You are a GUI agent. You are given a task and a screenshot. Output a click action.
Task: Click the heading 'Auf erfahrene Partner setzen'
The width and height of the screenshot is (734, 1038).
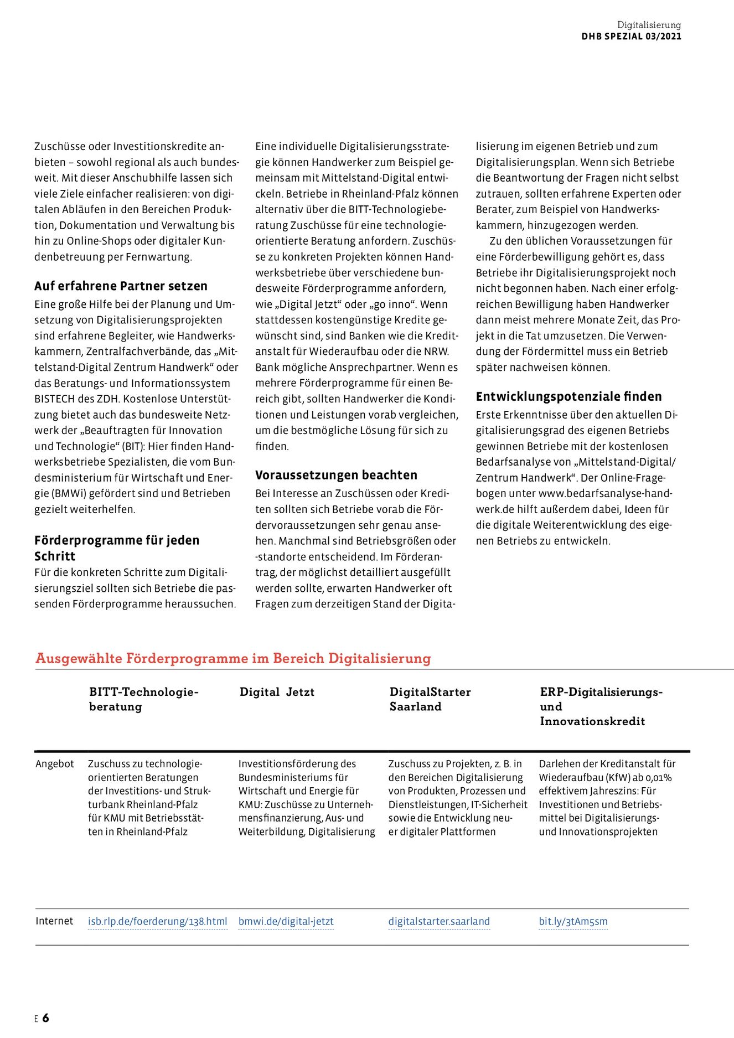tap(121, 286)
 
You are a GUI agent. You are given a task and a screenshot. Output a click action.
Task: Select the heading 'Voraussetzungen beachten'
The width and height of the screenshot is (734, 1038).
tap(336, 475)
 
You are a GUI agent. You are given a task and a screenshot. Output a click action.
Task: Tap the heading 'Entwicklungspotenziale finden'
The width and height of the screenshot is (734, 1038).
tap(568, 396)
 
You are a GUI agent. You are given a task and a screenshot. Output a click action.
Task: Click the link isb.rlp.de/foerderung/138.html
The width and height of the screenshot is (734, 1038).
tap(157, 921)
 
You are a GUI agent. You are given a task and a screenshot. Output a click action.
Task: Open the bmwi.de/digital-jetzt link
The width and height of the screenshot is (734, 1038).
tap(286, 921)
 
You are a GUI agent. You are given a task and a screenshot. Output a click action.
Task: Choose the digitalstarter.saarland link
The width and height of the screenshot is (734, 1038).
tap(439, 921)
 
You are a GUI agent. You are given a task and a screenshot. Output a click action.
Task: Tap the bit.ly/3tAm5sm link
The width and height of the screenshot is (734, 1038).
tap(573, 921)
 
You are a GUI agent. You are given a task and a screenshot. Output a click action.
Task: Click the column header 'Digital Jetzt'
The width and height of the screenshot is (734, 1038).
tap(277, 692)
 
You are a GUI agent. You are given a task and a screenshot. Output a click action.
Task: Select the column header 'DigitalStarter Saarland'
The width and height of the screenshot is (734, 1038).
tap(430, 699)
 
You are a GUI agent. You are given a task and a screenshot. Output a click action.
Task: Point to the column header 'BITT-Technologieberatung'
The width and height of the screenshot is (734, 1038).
tap(143, 699)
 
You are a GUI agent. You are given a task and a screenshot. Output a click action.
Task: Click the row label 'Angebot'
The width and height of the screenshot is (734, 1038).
tap(54, 764)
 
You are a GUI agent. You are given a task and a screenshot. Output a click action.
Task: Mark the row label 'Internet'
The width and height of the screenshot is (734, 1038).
tap(54, 921)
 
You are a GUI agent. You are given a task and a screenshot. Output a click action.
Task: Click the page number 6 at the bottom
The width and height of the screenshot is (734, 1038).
tap(45, 1018)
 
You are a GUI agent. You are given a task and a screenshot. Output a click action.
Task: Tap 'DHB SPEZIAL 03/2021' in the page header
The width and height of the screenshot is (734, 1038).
tap(631, 37)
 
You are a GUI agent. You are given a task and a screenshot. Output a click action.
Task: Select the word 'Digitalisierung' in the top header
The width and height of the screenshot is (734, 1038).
tap(649, 25)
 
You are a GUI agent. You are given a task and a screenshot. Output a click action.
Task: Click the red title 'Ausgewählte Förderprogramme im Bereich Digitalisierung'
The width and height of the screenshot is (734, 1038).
tap(233, 658)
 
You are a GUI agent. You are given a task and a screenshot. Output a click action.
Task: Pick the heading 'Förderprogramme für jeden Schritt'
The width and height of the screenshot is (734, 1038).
tap(116, 548)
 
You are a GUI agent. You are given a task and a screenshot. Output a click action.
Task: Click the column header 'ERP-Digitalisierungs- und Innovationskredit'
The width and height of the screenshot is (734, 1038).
tap(601, 706)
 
